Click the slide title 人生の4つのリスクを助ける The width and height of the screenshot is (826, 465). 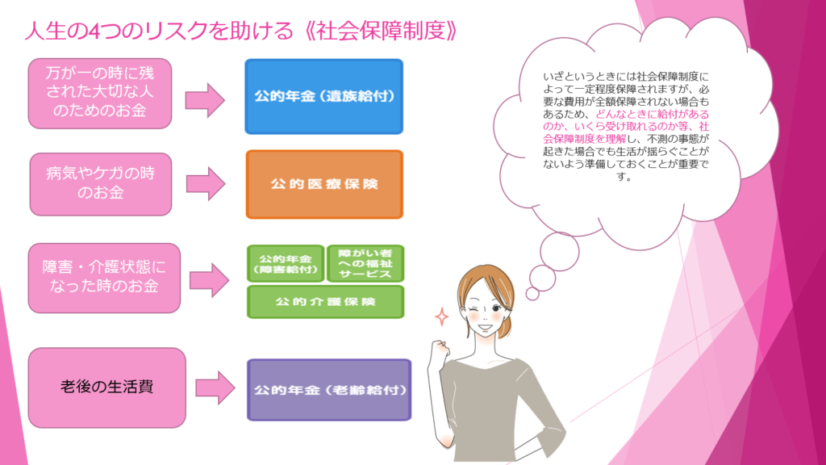(159, 31)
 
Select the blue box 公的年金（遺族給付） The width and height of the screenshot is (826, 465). (324, 97)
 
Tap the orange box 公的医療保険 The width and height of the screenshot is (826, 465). (324, 184)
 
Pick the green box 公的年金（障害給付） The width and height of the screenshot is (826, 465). (286, 264)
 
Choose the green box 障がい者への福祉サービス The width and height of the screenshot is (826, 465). (365, 264)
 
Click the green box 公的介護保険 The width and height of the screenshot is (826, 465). (326, 302)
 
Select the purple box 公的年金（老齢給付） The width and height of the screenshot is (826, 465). (329, 390)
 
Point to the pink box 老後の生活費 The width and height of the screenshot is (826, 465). (107, 387)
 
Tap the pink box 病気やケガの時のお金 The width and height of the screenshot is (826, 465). (101, 184)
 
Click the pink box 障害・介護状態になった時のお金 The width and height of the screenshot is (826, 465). (104, 278)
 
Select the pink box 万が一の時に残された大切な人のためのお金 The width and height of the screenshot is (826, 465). (100, 94)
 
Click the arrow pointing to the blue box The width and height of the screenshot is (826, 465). (205, 99)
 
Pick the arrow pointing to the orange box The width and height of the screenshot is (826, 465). (206, 184)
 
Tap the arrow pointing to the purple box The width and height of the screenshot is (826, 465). (215, 388)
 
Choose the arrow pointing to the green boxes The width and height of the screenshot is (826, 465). (210, 280)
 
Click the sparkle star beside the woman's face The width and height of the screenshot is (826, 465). (442, 316)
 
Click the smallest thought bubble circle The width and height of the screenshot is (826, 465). (532, 294)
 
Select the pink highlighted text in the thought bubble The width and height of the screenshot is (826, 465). (626, 127)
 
